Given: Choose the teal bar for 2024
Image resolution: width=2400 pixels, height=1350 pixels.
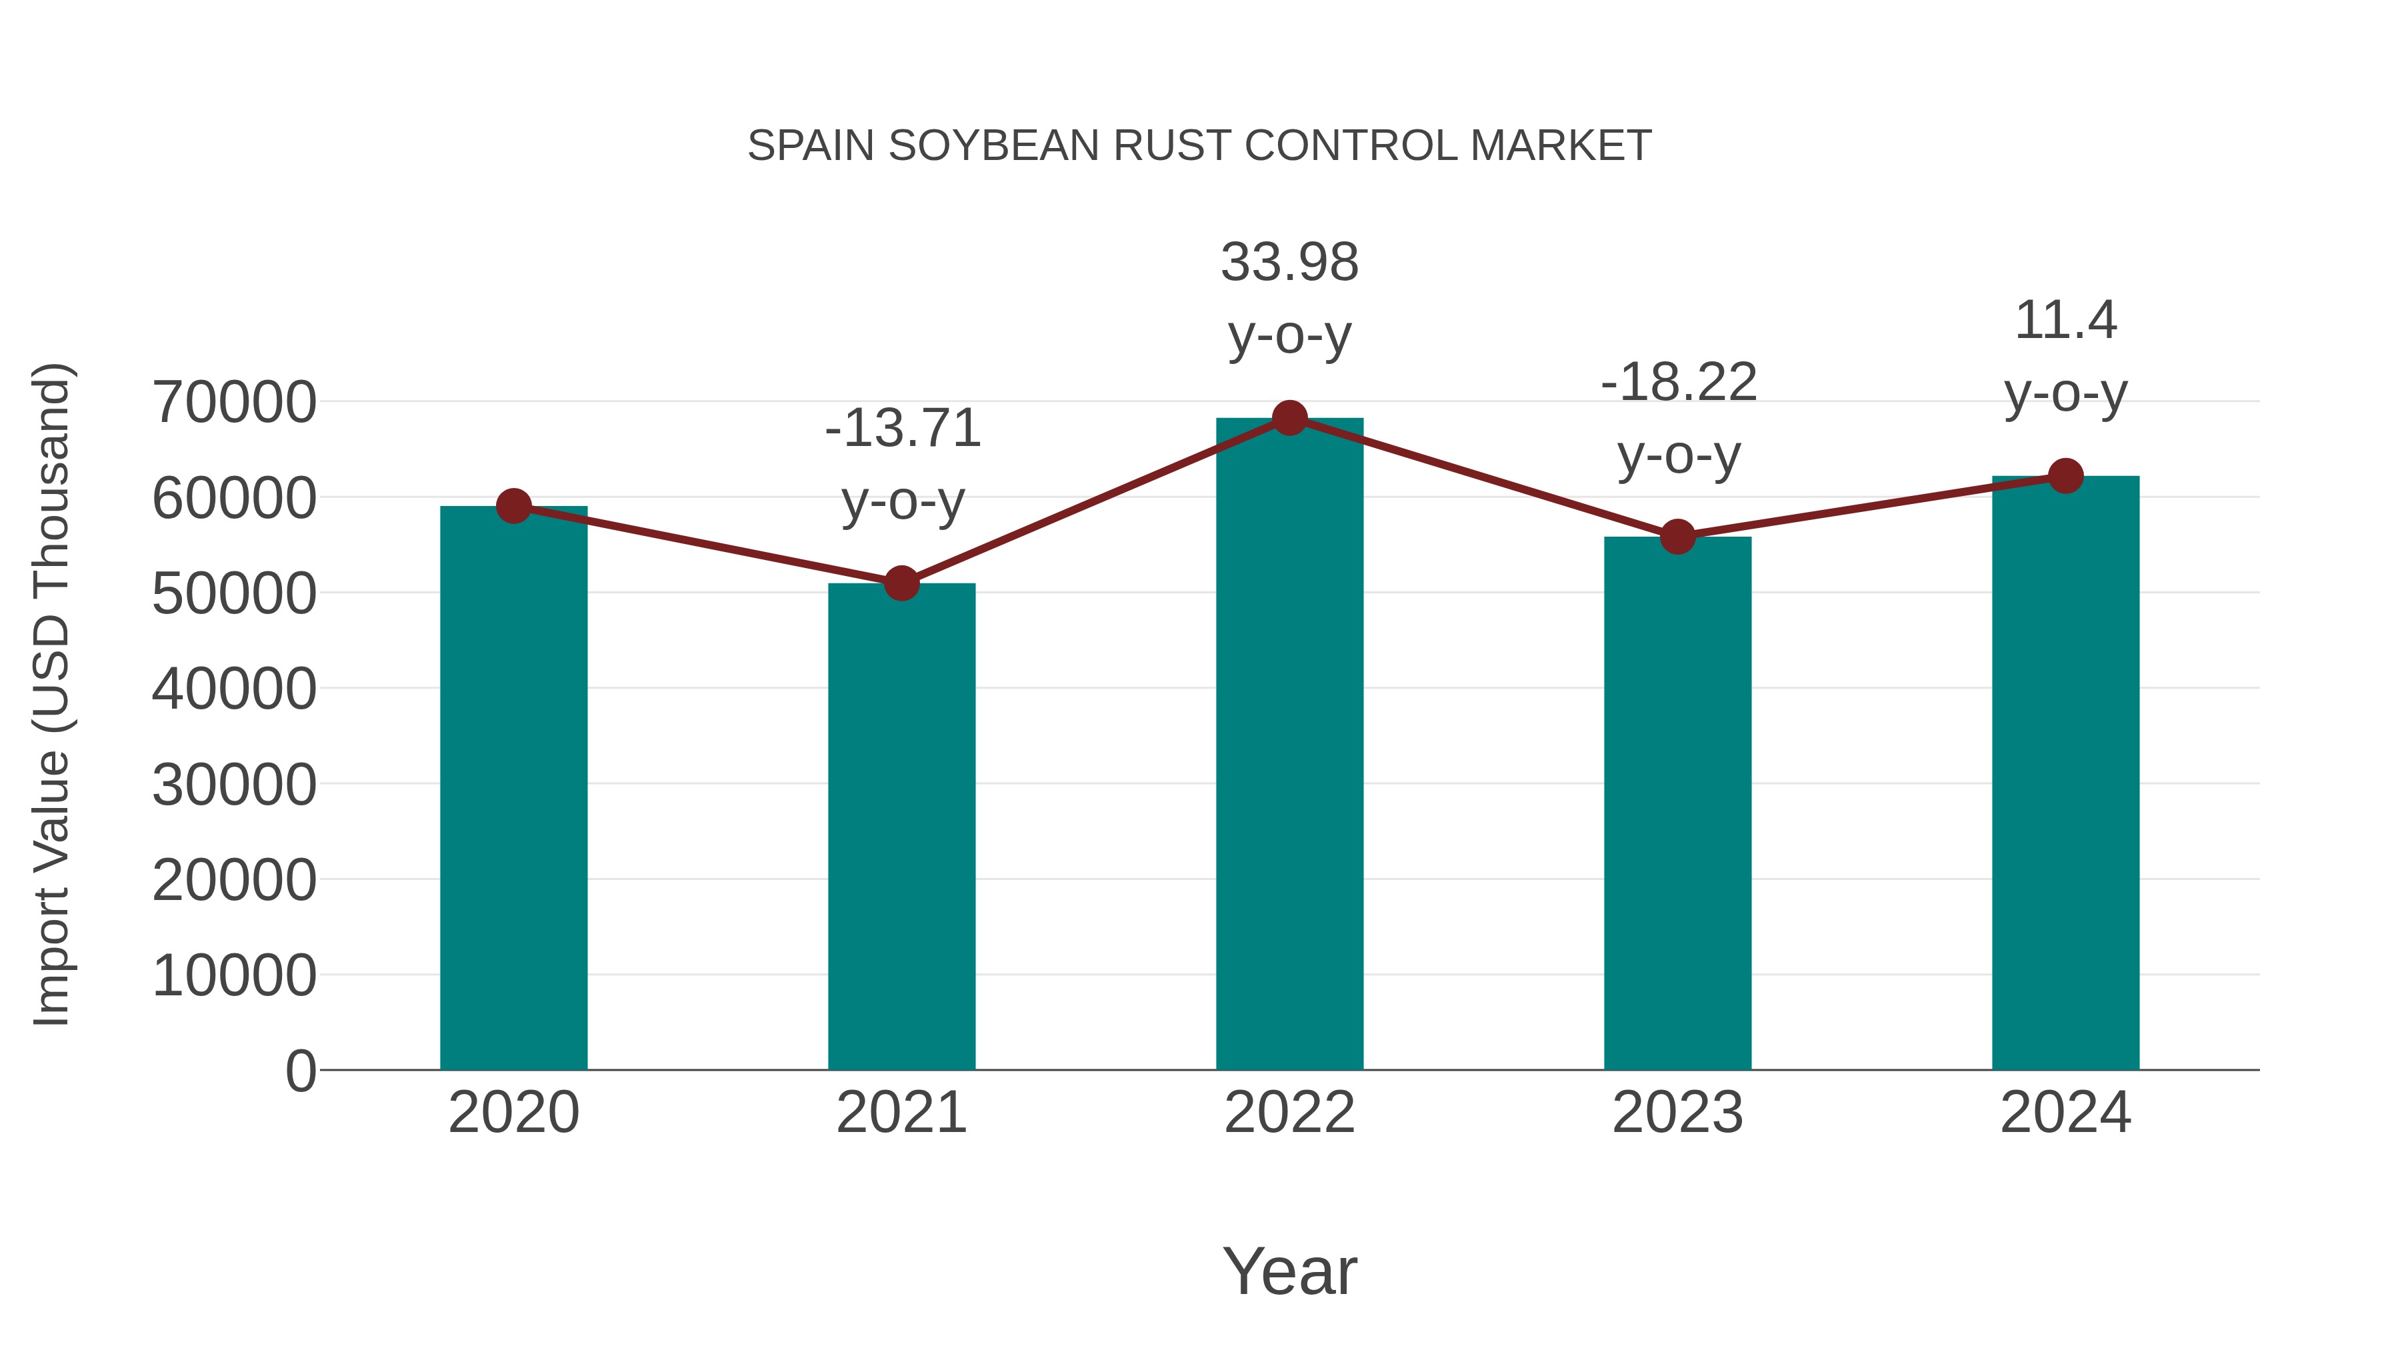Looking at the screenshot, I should pos(2065,773).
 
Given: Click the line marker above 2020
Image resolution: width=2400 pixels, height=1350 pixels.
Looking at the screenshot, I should pos(513,506).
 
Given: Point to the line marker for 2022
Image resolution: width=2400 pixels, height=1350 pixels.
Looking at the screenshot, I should pos(1289,418).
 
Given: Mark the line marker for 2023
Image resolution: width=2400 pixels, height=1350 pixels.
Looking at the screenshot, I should pos(1677,537).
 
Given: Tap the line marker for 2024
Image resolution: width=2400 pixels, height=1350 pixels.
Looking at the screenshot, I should pos(2065,476).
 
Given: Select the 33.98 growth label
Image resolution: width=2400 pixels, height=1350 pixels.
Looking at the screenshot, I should pos(1289,297).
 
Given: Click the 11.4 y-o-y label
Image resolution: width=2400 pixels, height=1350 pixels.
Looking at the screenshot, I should pos(2065,356).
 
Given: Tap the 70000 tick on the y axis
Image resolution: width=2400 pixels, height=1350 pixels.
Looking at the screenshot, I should pos(234,403).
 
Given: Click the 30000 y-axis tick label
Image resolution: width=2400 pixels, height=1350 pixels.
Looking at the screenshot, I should pos(234,785).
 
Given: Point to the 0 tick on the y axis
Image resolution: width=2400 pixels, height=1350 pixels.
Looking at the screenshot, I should pos(300,1071).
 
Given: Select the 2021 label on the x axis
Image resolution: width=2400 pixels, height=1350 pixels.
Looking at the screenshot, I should pos(901,1113).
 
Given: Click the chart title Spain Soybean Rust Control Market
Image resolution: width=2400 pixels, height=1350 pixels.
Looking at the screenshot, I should pos(1199,145).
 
